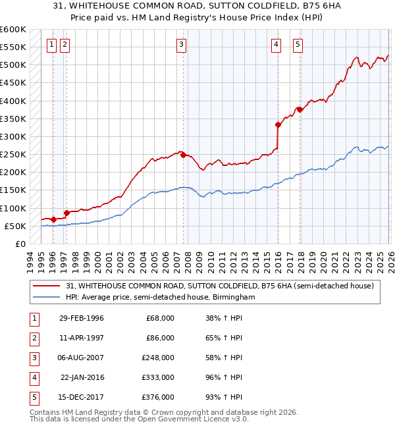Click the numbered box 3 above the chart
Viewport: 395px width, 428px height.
click(181, 45)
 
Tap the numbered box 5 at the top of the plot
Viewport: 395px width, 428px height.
click(298, 45)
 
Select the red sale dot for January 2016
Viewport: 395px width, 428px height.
click(278, 124)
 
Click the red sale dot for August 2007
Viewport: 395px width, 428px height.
click(182, 155)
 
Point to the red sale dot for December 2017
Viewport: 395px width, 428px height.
click(299, 109)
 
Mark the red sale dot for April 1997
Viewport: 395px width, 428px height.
click(66, 213)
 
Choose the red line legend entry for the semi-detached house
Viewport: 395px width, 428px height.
click(220, 286)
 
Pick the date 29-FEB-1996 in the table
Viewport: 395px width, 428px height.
click(81, 318)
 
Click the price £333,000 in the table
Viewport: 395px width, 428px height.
click(159, 377)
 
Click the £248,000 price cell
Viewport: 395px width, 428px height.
click(159, 358)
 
